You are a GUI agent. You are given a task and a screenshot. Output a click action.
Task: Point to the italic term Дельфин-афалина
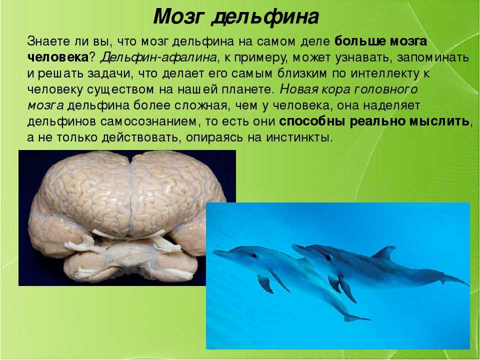(158, 57)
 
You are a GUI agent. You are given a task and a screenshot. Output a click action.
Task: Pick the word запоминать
(433, 57)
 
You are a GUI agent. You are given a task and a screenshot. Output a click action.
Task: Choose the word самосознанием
(148, 121)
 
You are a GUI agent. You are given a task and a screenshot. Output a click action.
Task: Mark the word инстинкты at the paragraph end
(299, 137)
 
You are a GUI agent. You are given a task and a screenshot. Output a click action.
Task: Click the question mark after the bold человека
(91, 57)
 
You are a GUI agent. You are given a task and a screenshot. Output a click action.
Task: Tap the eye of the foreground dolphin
(254, 254)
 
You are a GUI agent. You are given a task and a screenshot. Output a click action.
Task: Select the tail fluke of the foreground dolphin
(356, 317)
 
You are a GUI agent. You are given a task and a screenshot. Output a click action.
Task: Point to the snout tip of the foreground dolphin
(213, 252)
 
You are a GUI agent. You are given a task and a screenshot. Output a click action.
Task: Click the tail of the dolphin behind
(454, 280)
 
